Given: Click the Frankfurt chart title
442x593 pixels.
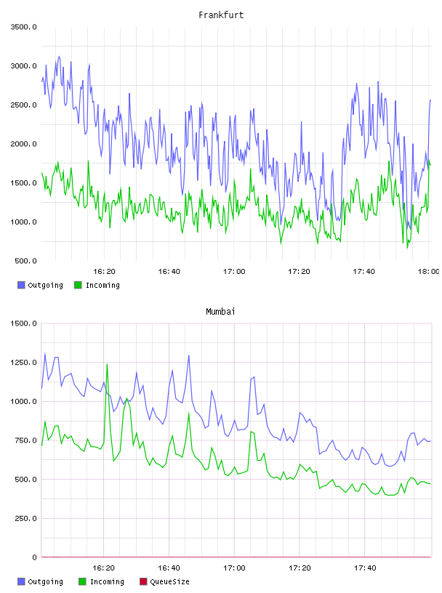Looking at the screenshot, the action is click(x=221, y=15).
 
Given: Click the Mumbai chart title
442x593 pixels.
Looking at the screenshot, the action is click(x=220, y=312).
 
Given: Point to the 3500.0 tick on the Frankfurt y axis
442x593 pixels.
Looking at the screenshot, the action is click(x=23, y=27).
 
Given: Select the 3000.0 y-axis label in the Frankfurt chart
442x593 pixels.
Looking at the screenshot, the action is click(x=23, y=66).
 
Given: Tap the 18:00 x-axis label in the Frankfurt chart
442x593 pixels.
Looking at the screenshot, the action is click(x=428, y=271).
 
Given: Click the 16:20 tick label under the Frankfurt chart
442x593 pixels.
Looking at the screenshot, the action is click(x=104, y=271).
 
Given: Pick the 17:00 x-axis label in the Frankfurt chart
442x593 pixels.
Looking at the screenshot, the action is click(x=234, y=271).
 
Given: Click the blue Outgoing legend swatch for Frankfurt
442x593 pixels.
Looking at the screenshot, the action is click(x=21, y=285).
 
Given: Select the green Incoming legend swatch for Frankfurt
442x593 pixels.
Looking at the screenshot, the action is click(x=78, y=285).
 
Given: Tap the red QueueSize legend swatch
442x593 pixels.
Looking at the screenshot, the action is click(x=143, y=581).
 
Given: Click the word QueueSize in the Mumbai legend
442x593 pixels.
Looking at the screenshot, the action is click(x=169, y=581).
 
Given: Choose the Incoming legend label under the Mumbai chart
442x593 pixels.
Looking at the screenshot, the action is click(x=107, y=581).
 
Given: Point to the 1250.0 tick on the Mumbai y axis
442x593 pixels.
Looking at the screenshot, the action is click(x=23, y=363).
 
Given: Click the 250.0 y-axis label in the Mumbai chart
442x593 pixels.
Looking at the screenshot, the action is click(x=25, y=518).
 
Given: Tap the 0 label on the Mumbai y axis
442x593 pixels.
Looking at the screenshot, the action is click(x=34, y=557).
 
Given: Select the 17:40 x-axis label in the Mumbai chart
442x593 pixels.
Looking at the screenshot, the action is click(x=365, y=568).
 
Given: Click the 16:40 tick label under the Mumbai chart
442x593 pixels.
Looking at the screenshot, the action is click(x=169, y=568).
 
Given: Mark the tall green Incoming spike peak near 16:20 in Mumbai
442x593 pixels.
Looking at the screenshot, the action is click(x=107, y=364).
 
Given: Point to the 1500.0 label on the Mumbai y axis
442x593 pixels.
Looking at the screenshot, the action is click(x=23, y=323).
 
